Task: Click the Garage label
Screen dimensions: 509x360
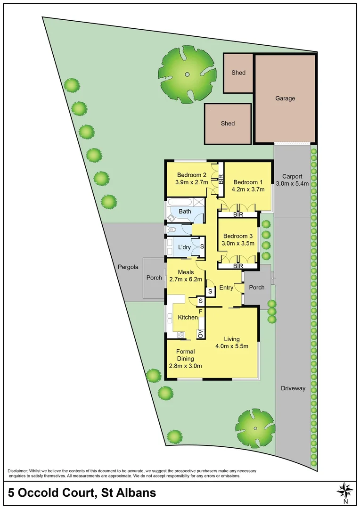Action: point(285,99)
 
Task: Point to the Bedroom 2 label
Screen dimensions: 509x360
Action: point(188,174)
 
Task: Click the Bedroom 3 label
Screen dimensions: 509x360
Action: point(238,236)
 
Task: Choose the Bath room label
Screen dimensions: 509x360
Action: point(185,211)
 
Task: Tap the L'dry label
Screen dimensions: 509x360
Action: point(183,247)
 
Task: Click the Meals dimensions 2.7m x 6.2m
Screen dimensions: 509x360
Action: point(185,279)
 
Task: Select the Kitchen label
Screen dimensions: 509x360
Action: point(188,317)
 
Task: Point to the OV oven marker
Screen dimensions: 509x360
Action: point(200,334)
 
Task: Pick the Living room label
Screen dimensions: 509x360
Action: point(232,339)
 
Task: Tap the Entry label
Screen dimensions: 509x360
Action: point(226,287)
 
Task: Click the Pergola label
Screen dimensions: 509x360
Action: point(128,267)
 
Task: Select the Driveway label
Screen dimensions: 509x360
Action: point(293,388)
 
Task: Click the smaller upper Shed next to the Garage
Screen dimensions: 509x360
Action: point(238,73)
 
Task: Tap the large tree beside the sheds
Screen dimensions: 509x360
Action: point(188,74)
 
